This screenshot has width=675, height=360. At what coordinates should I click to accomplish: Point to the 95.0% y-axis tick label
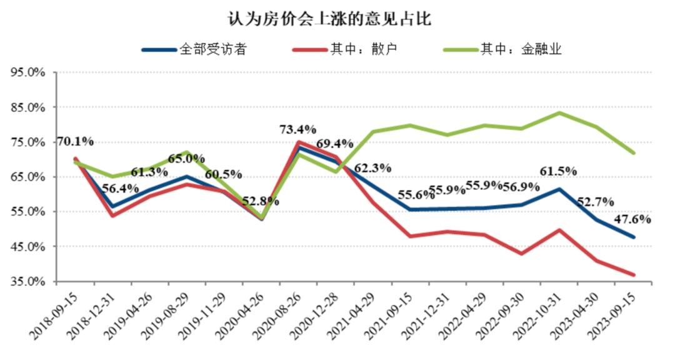click(x=28, y=72)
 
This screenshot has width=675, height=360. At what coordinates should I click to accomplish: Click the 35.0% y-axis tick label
click(x=28, y=282)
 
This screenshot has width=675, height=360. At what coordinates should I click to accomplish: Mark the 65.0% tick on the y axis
click(x=28, y=177)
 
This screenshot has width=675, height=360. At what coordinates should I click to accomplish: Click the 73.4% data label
click(x=298, y=130)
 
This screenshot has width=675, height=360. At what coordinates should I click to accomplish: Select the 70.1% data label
click(x=75, y=141)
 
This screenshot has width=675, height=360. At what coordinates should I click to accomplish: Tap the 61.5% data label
click(x=558, y=171)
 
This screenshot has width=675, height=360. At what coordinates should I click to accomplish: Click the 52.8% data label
click(x=261, y=201)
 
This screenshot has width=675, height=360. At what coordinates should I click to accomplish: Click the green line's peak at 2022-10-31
click(x=559, y=113)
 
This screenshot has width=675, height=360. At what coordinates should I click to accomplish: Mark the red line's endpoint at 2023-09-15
click(x=634, y=275)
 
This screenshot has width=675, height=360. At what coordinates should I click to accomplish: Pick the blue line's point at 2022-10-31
click(x=559, y=189)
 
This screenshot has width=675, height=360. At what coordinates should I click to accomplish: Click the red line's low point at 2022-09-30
click(x=522, y=254)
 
